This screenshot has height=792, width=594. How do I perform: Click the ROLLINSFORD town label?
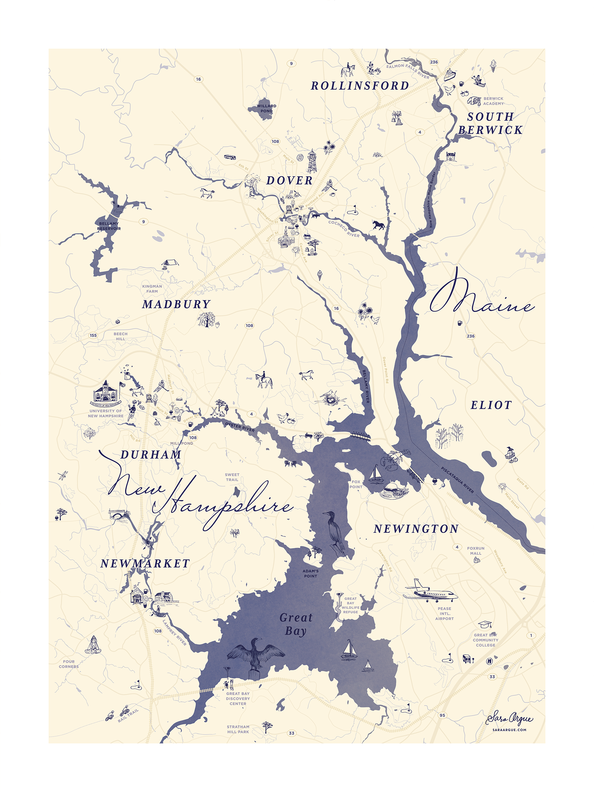(359, 86)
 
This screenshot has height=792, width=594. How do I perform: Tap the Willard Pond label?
(266, 108)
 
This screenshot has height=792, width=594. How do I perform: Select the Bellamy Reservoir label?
(109, 226)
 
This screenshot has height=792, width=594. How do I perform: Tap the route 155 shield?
(93, 335)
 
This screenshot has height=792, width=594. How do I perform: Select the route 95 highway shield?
(443, 715)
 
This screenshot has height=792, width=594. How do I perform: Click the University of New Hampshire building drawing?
(105, 393)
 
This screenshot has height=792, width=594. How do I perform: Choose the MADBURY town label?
(176, 304)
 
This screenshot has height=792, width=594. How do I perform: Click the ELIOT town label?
(491, 405)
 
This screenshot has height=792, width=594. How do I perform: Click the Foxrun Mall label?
(476, 551)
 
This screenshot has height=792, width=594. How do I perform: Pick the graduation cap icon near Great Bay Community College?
(485, 624)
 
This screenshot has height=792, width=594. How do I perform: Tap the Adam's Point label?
(311, 574)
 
